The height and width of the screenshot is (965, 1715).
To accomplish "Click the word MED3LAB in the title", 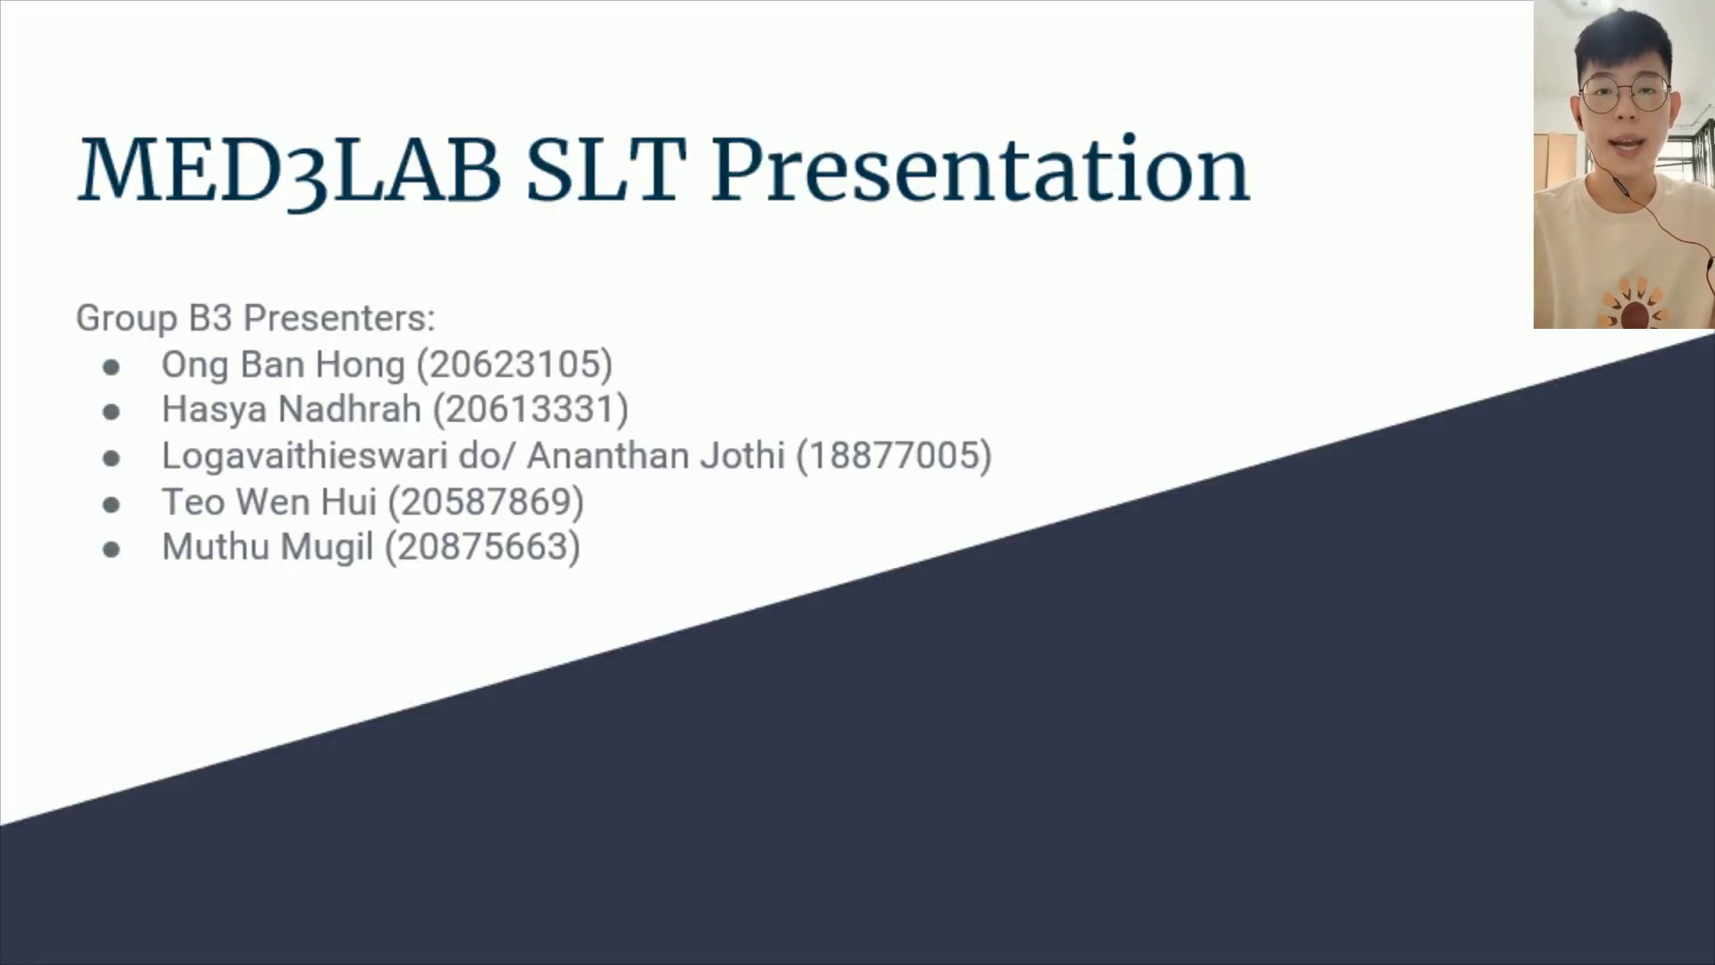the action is point(289,171).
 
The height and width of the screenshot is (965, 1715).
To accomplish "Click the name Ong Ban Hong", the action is point(283,365).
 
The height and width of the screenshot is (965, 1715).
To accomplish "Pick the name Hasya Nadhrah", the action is point(291,410).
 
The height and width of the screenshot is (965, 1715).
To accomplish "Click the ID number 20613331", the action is point(531,409).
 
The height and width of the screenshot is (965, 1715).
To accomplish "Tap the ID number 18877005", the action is point(894,456).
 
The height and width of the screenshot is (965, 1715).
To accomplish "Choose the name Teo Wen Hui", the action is point(269,501).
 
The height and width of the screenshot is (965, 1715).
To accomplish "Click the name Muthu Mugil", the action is point(267,548).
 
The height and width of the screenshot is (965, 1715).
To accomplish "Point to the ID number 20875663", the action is point(482,547).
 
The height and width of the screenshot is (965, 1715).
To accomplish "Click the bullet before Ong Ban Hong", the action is point(112,367).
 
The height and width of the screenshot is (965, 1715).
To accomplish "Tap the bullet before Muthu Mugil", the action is point(112,550).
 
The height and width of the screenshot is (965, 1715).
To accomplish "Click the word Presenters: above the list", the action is point(339,318).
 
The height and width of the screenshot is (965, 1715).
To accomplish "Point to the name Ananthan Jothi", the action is point(656,456).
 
